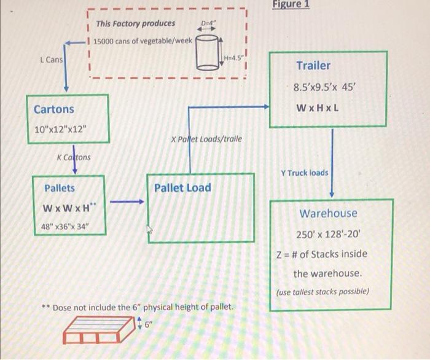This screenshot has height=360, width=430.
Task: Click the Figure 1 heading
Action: pyautogui.click(x=292, y=5)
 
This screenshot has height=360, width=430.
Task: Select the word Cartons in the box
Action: pyautogui.click(x=53, y=109)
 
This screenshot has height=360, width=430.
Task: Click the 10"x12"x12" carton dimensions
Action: pyautogui.click(x=62, y=130)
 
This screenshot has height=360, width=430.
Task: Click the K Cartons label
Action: pyautogui.click(x=73, y=157)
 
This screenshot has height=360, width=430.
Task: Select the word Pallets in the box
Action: pyautogui.click(x=59, y=188)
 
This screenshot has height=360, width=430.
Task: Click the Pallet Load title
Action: pyautogui.click(x=182, y=188)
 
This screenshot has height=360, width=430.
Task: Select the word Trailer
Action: pyautogui.click(x=313, y=66)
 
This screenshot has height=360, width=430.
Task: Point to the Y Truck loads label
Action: pyautogui.click(x=304, y=173)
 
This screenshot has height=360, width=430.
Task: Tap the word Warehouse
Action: pyautogui.click(x=328, y=213)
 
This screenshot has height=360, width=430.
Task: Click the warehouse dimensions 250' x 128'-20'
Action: pyautogui.click(x=332, y=234)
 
